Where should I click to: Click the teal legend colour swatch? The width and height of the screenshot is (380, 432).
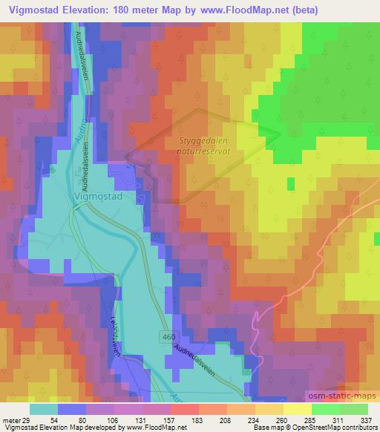pos(44,409)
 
